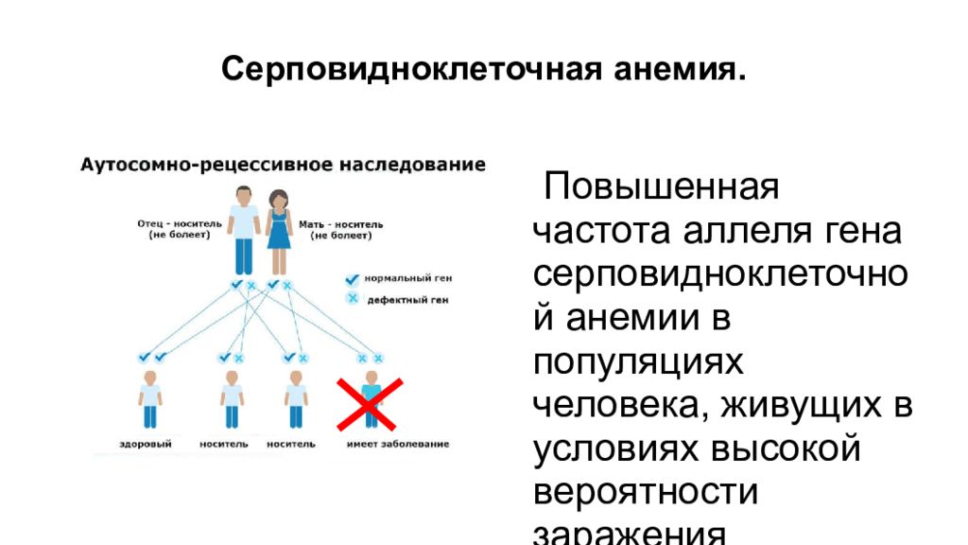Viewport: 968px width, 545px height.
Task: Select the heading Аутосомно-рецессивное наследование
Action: (283, 165)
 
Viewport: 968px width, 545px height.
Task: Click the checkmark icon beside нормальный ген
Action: (353, 280)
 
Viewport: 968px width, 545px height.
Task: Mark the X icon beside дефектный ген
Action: (353, 299)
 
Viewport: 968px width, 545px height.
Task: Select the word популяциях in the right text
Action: (639, 361)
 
